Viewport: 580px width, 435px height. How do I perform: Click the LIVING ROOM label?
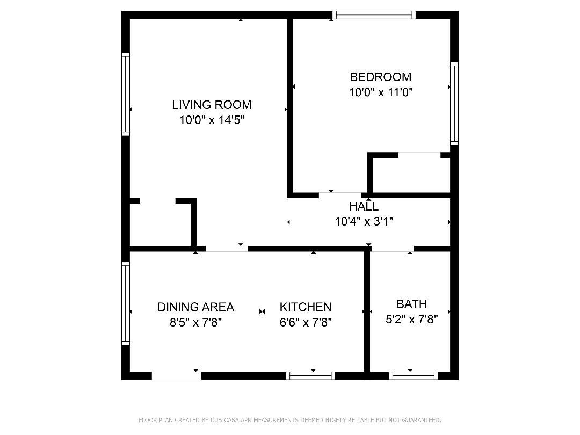coord(212,105)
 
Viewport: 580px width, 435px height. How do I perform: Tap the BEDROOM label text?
coord(381,77)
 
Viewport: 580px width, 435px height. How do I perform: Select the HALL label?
coord(364,206)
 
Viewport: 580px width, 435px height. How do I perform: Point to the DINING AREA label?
coord(195,307)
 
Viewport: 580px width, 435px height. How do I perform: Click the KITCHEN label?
coord(306,307)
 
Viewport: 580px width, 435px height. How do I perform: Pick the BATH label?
coord(412,304)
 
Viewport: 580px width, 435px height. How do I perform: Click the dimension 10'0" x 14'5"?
coord(212,120)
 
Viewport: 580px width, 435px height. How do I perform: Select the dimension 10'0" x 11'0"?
coord(381,92)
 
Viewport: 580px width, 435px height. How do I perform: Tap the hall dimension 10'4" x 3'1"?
coord(364,222)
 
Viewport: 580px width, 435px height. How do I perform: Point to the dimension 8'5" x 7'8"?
coord(195,323)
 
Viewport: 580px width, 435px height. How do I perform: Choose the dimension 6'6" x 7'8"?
coord(306,323)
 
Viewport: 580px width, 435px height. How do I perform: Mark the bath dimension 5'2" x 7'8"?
coord(412,319)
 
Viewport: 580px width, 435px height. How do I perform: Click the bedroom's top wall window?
coord(374,15)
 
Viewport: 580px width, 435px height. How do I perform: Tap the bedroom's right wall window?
coord(454,104)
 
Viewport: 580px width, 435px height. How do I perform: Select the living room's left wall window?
coord(126,94)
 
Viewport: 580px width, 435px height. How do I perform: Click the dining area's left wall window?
coord(126,303)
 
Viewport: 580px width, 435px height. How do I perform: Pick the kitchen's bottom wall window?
coord(311,376)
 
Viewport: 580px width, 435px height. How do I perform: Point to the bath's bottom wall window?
coord(413,376)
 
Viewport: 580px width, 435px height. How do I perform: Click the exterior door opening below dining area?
coord(177,376)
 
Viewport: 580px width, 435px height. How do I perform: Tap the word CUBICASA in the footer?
coord(224,420)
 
